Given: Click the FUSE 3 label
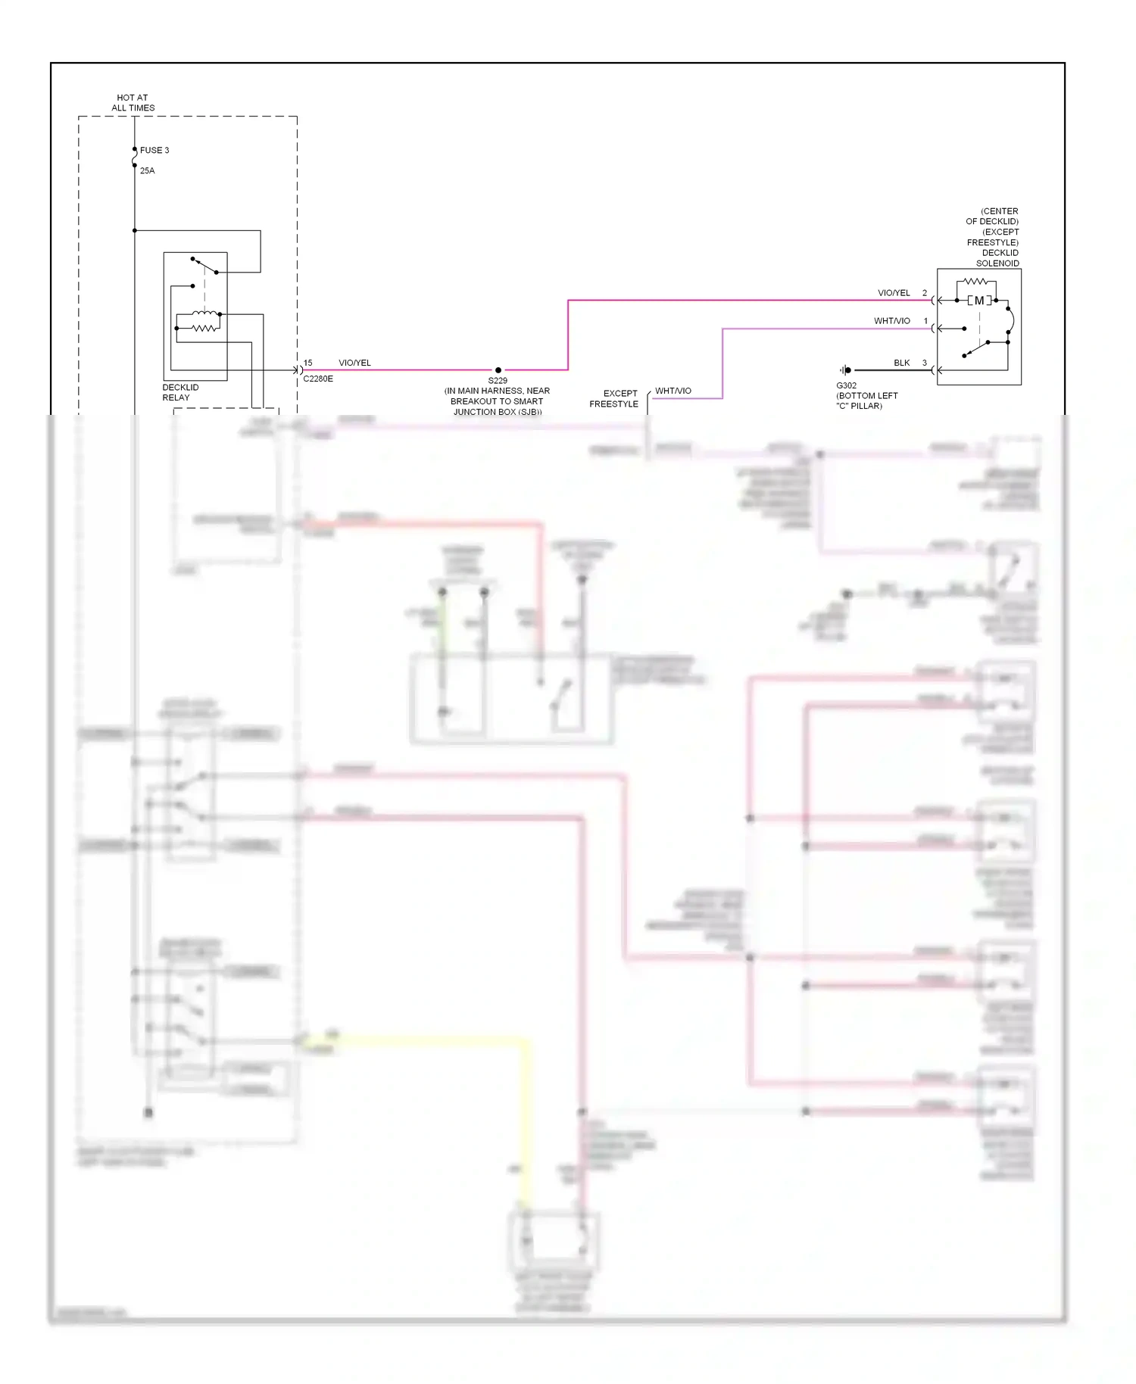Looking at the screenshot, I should coord(154,150).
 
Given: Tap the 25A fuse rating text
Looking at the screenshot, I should coord(147,171).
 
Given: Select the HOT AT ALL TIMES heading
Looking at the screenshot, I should coord(133,103).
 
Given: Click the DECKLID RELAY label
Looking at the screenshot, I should coord(180,392).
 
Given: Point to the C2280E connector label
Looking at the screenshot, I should coord(318,379).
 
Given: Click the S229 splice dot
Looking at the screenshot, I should coord(498,370).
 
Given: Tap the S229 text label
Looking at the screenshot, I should coord(498,381).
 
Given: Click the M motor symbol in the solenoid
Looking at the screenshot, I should coord(979,301).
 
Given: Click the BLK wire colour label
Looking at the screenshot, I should coord(901,363).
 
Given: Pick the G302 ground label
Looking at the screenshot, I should coord(847,385).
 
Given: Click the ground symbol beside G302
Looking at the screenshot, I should coord(845,370).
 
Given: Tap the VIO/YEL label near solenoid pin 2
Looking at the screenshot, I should coord(894,293).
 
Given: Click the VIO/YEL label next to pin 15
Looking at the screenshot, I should coord(354,363).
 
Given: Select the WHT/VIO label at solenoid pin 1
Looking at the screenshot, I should coord(891,321).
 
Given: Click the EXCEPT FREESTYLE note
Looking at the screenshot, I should coord(614,398).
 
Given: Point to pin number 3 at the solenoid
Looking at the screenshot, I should coord(924,363).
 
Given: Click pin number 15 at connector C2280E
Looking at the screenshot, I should coord(307,363).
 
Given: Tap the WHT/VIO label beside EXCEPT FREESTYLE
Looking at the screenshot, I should coord(673,391).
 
